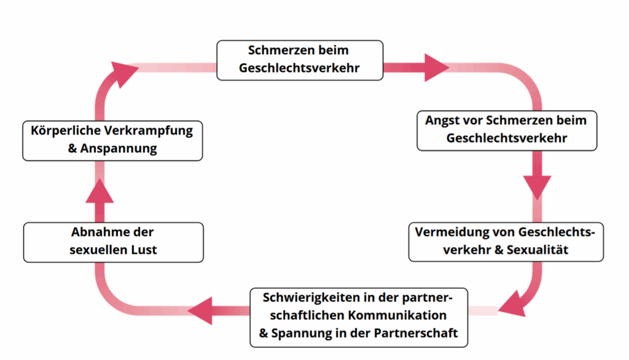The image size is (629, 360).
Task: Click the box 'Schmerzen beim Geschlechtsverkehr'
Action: click(x=300, y=60)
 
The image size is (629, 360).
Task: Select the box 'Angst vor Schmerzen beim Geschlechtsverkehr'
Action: click(x=507, y=131)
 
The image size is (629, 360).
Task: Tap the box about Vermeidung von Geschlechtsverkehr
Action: click(x=506, y=242)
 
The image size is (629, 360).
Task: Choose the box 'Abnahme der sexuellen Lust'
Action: click(x=113, y=243)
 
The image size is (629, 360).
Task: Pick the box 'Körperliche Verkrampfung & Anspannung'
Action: click(x=112, y=141)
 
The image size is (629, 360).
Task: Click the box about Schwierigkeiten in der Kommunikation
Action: click(x=359, y=318)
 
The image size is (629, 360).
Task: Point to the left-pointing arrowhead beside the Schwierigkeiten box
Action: click(x=200, y=311)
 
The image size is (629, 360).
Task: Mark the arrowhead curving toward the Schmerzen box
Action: click(x=123, y=74)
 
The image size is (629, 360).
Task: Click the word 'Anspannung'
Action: click(x=119, y=149)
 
